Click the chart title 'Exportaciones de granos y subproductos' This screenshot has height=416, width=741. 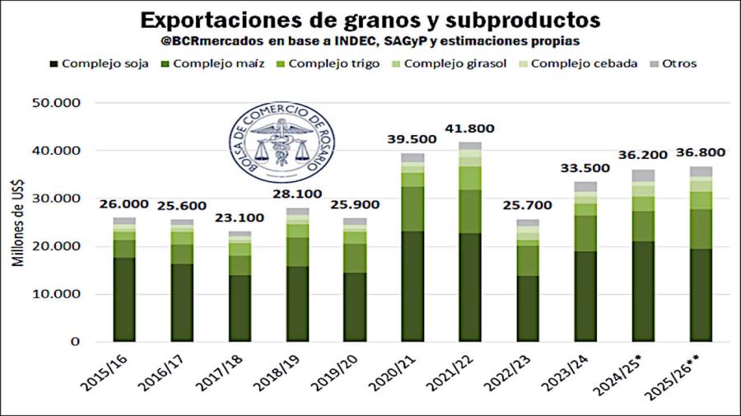[x=370, y=20]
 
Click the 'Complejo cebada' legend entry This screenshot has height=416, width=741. [x=584, y=63]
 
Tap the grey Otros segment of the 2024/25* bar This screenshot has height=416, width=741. [x=643, y=175]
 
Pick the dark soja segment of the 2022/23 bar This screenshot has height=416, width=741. [x=528, y=308]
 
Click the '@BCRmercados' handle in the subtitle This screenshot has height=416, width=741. [x=203, y=40]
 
